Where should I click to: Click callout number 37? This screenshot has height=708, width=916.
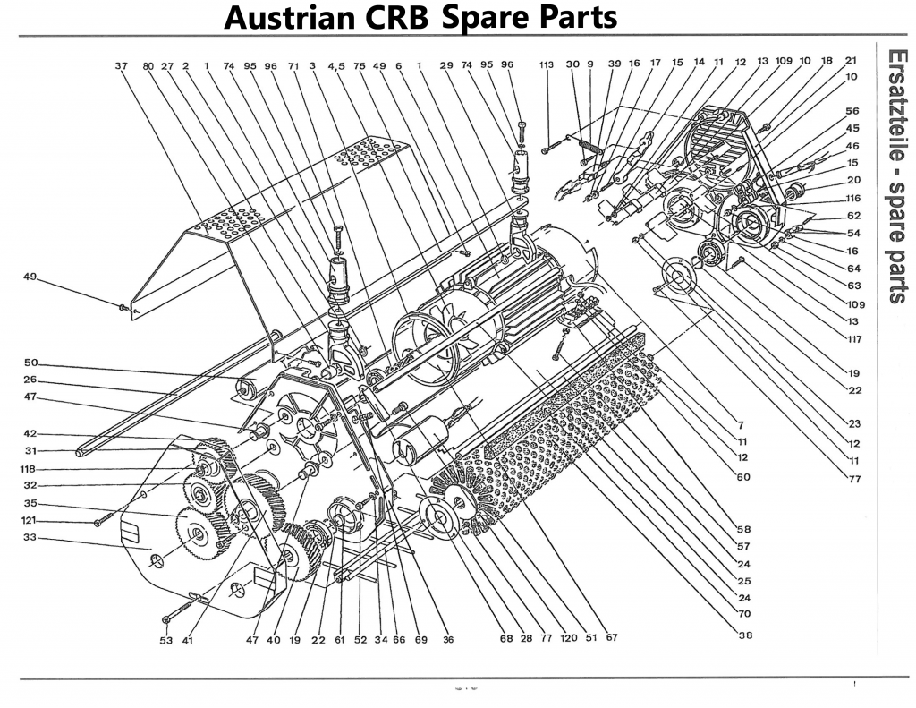(x=123, y=64)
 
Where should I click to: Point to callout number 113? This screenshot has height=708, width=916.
(x=547, y=64)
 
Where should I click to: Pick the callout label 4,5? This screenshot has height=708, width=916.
(x=336, y=64)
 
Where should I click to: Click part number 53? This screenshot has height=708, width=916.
(x=165, y=640)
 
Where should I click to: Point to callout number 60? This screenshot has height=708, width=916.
(x=743, y=476)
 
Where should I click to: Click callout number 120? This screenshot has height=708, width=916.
(x=567, y=638)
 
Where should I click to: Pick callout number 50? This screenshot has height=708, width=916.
(x=30, y=363)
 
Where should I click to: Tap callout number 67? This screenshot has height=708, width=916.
(x=611, y=638)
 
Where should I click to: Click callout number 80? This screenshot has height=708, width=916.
(x=147, y=64)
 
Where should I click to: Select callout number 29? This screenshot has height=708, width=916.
(x=446, y=64)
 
